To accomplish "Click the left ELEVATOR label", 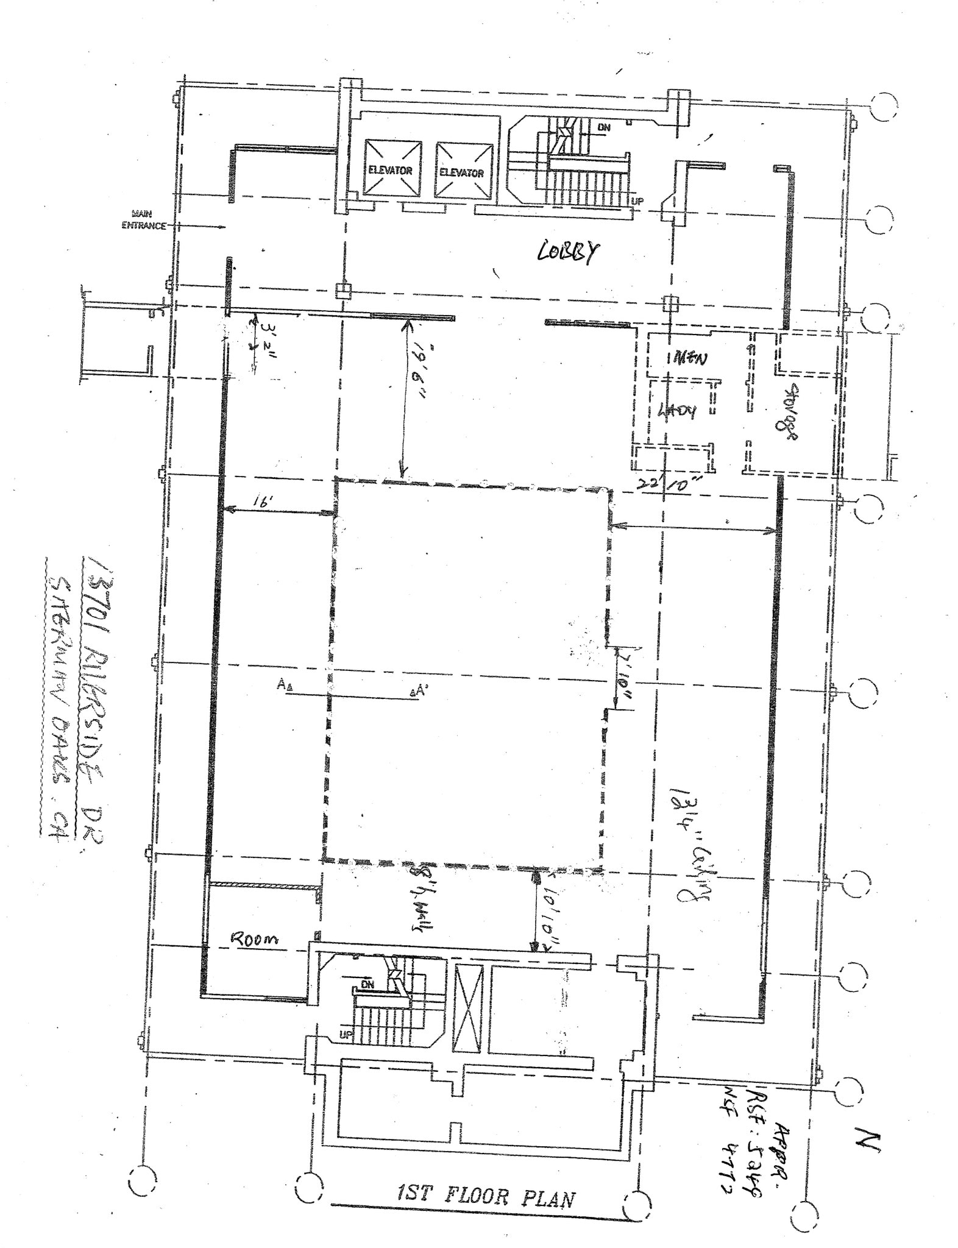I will click(390, 171).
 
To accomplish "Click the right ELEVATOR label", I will click(461, 173).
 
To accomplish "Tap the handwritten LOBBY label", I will click(567, 251).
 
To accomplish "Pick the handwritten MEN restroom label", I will click(690, 358).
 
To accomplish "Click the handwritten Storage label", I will click(790, 411).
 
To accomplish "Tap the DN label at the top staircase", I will click(604, 127).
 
